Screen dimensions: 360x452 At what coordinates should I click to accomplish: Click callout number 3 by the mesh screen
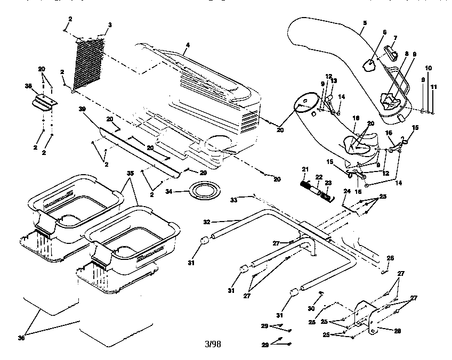(110, 25)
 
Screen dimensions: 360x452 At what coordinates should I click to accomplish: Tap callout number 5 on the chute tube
(364, 23)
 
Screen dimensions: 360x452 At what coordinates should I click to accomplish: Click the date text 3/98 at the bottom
(213, 344)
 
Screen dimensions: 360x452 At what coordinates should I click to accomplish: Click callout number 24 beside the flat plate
(346, 190)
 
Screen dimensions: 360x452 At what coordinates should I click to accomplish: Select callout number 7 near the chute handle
(395, 38)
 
